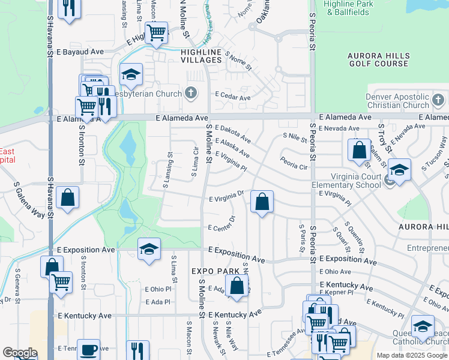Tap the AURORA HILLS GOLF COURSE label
click(378, 59)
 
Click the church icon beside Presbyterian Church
click(191, 92)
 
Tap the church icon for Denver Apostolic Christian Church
click(438, 99)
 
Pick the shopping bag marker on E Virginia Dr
click(262, 202)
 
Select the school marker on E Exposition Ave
click(149, 249)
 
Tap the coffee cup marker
click(89, 349)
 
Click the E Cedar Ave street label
click(232, 97)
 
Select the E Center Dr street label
click(221, 228)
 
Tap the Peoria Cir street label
click(294, 163)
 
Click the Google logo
click(20, 353)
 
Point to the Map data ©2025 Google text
click(411, 355)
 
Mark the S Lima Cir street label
click(194, 161)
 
